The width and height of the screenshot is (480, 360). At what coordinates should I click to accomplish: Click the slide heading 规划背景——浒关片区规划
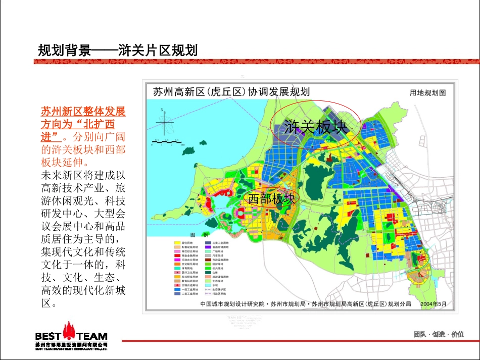pos(117,50)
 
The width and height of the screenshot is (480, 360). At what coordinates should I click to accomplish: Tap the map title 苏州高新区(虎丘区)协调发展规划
pos(231,92)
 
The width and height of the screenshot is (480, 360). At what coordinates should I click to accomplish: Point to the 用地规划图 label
pos(427,93)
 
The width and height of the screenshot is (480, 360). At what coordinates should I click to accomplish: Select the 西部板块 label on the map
pos(271,199)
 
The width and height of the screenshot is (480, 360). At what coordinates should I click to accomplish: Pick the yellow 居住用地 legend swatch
pos(177,243)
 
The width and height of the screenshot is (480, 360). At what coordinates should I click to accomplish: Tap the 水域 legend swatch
pos(208,285)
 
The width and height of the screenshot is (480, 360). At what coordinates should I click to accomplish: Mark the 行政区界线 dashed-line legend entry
pos(208,293)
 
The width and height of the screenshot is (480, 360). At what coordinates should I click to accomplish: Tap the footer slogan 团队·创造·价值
pos(439,334)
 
